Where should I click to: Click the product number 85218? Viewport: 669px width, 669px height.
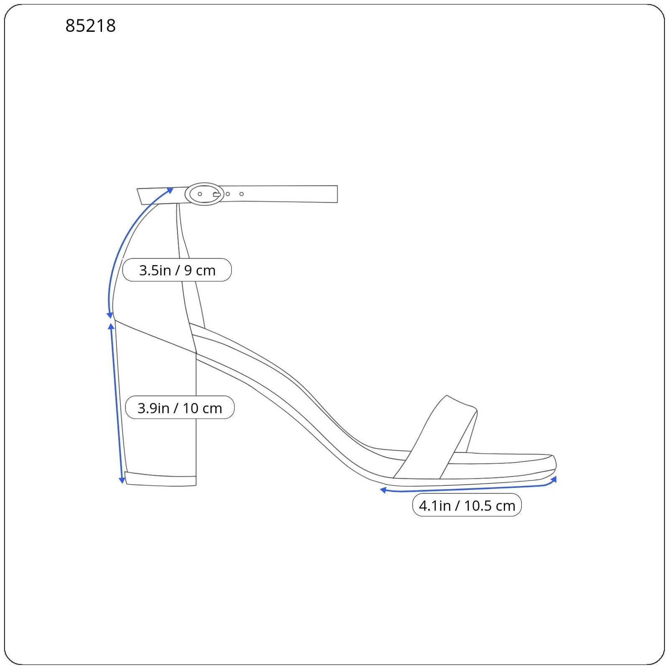[x=90, y=26]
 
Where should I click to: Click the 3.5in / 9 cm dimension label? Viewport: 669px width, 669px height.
[x=177, y=270]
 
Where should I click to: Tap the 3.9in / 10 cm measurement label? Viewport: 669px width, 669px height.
[x=180, y=408]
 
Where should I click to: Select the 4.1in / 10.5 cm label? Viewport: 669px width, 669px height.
[x=467, y=505]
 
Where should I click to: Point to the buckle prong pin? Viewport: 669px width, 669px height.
[x=217, y=194]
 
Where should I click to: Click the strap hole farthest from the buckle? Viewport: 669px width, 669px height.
[x=241, y=194]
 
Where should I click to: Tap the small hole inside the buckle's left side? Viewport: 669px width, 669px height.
[x=200, y=194]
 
